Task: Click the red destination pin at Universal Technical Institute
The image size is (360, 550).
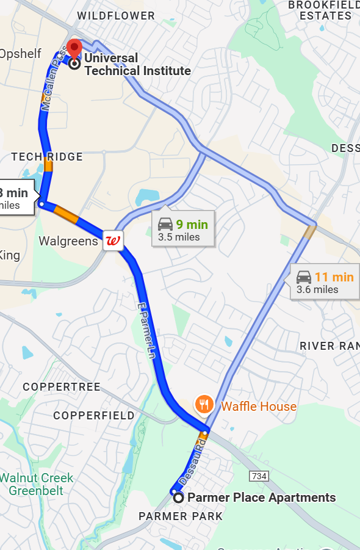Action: pyautogui.click(x=74, y=48)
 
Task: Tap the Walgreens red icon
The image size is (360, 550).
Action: pyautogui.click(x=113, y=241)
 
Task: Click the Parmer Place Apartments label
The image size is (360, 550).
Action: pyautogui.click(x=261, y=498)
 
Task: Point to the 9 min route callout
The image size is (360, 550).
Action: pyautogui.click(x=183, y=230)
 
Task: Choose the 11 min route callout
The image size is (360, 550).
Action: pyautogui.click(x=325, y=283)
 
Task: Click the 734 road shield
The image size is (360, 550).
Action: pyautogui.click(x=257, y=476)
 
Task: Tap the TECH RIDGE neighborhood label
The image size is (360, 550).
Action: pyautogui.click(x=47, y=157)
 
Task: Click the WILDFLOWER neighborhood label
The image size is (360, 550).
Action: pyautogui.click(x=117, y=16)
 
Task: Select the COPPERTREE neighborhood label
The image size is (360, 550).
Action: pyautogui.click(x=62, y=387)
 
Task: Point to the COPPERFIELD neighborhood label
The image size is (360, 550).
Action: pyautogui.click(x=94, y=416)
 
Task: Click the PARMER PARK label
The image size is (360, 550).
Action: pyautogui.click(x=181, y=516)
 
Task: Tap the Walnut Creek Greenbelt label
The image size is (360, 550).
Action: pyautogui.click(x=37, y=484)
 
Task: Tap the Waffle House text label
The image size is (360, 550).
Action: pyautogui.click(x=259, y=407)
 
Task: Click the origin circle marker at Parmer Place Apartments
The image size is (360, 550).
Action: pyautogui.click(x=178, y=498)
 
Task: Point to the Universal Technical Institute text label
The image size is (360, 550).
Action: pyautogui.click(x=137, y=64)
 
